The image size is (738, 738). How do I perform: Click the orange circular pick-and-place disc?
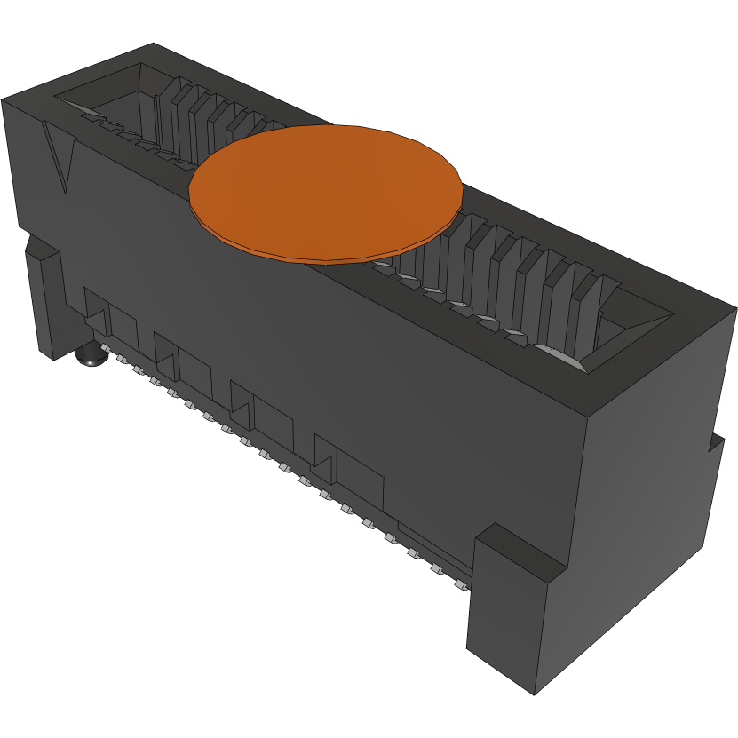point(326,191)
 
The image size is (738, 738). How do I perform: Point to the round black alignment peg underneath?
point(90,358)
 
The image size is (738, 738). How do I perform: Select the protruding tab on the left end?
point(44,302)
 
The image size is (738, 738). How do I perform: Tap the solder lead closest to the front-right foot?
point(460,586)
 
